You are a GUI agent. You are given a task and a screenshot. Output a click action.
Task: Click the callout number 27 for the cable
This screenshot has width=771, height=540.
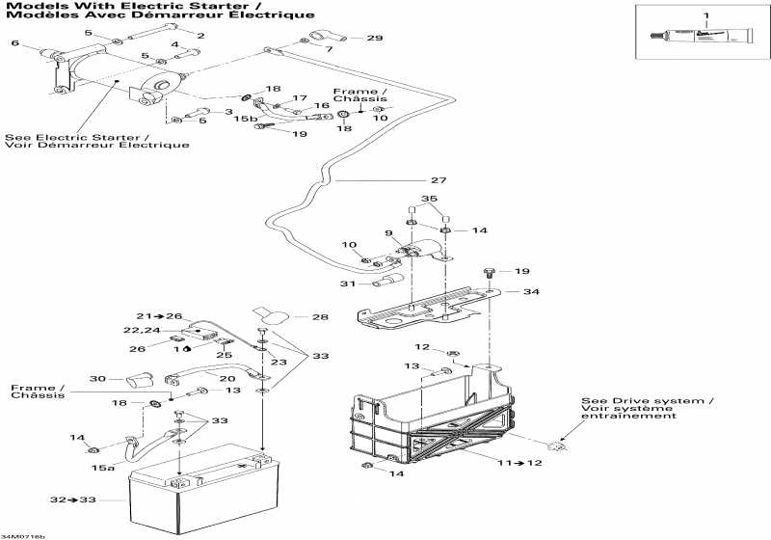click(439, 180)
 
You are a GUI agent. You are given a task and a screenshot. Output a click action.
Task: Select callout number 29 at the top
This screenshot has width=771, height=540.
click(375, 39)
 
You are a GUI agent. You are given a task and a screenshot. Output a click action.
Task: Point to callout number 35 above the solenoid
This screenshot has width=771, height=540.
click(430, 200)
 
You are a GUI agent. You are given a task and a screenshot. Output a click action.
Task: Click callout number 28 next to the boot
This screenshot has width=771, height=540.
click(321, 316)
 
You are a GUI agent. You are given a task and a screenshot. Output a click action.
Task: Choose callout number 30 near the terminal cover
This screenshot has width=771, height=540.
click(97, 378)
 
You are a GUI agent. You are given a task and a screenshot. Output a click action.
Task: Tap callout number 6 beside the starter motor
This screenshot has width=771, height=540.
click(14, 43)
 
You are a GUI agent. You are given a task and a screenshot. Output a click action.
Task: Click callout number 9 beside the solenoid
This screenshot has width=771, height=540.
click(388, 234)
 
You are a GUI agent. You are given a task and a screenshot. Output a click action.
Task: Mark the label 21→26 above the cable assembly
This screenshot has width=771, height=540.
click(159, 316)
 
